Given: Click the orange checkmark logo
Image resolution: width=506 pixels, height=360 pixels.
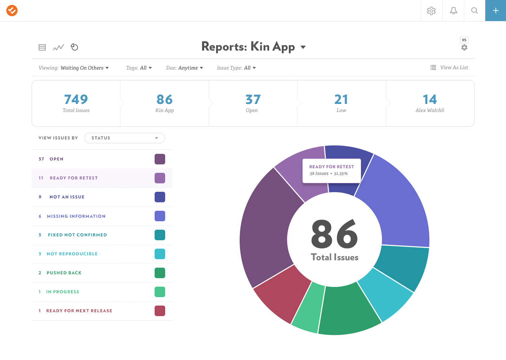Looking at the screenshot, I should click(12, 11).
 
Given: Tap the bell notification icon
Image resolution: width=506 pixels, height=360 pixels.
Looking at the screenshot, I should click(453, 11).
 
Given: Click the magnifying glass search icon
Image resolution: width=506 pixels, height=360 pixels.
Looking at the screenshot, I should click(474, 11).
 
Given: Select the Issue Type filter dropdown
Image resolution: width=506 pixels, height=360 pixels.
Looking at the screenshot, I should click(236, 68).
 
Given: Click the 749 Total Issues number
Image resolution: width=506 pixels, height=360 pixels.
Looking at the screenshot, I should click(76, 99).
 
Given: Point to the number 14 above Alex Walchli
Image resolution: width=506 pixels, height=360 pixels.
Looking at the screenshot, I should click(430, 99).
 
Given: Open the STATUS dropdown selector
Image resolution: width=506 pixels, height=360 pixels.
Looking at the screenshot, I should click(124, 138).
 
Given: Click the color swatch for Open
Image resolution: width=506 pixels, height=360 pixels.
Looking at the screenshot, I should click(160, 159).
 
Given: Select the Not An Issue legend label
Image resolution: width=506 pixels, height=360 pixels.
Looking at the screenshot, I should click(67, 197).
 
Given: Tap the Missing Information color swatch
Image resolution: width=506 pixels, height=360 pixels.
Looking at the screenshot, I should click(160, 216).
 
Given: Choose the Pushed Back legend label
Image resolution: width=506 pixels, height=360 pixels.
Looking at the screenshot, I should click(64, 273).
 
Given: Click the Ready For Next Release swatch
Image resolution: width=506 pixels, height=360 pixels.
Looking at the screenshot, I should click(160, 311).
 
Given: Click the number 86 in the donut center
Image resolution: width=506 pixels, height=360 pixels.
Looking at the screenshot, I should click(334, 233).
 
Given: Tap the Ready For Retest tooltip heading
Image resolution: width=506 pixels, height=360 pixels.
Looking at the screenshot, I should click(331, 167).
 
